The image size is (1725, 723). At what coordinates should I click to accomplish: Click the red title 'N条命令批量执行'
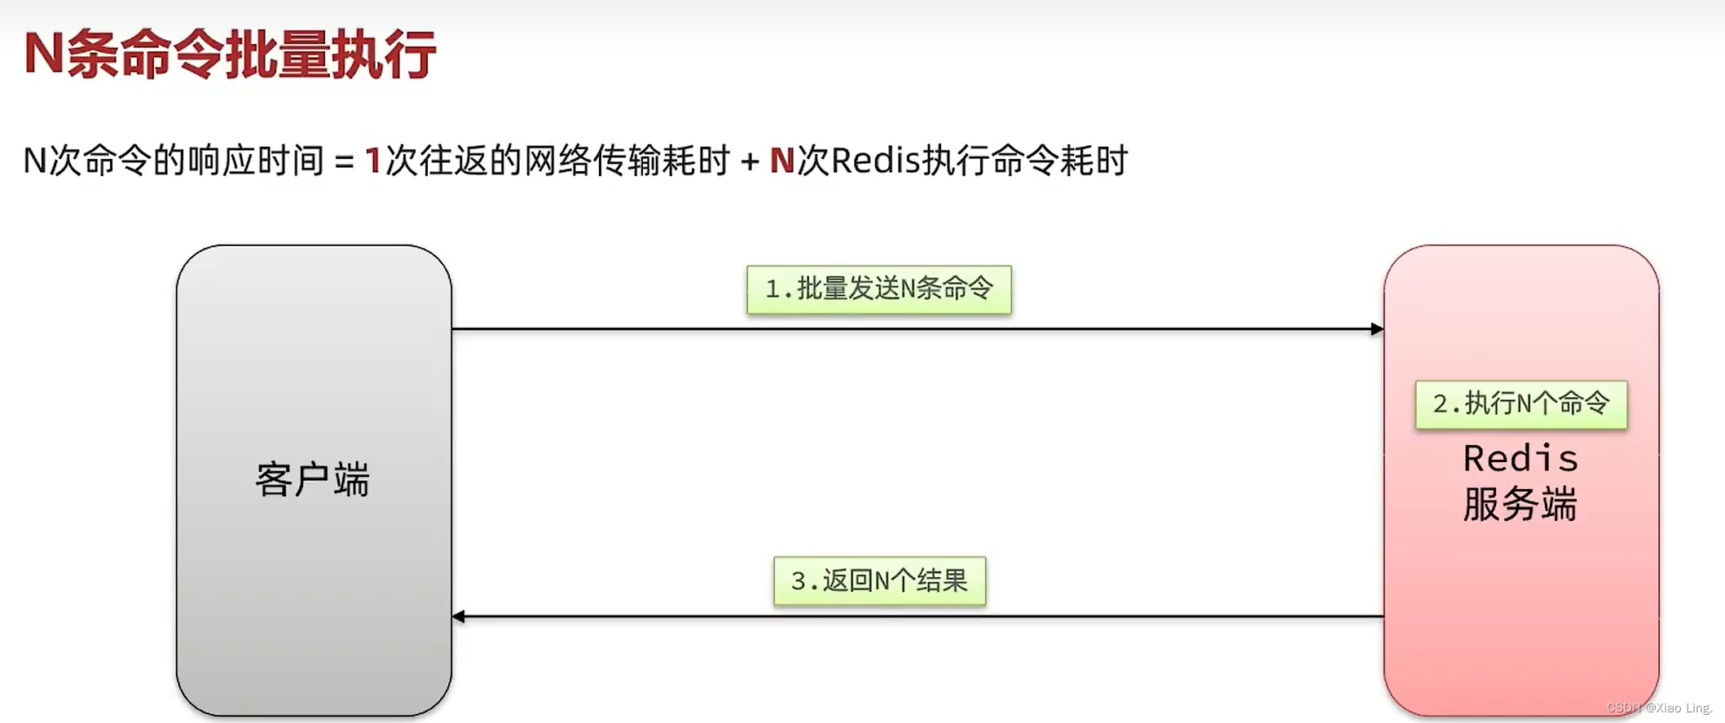[x=230, y=55]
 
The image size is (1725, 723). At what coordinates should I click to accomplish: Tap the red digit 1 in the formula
[x=373, y=161]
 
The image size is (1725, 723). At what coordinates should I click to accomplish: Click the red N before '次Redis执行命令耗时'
[x=781, y=161]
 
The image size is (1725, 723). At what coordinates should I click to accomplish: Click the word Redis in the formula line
[x=875, y=161]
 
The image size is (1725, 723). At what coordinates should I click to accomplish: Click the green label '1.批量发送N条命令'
[x=878, y=289]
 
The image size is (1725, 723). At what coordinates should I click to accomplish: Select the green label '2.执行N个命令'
[x=1520, y=404]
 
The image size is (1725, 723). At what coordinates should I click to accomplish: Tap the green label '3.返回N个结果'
[x=879, y=581]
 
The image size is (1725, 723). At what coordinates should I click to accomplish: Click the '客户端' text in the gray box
[x=313, y=479]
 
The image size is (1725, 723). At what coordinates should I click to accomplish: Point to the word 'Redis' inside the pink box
[x=1520, y=459]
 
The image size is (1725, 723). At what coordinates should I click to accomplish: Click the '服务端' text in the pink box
[x=1520, y=505]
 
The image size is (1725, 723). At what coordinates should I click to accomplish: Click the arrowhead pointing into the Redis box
[x=1377, y=329]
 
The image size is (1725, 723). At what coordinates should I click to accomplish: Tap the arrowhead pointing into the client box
[x=460, y=617]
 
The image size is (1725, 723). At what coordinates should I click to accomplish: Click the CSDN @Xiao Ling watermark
[x=1660, y=708]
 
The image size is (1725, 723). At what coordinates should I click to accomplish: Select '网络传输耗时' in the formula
[x=627, y=161]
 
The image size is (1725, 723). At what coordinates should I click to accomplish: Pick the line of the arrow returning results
[x=1059, y=617]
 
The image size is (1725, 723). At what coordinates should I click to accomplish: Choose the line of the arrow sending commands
[x=1059, y=329]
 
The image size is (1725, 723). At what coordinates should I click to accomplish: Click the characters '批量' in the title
[x=278, y=55]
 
